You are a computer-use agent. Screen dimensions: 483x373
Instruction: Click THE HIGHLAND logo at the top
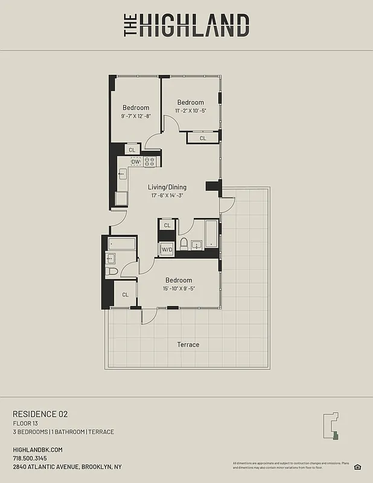pyautogui.click(x=186, y=26)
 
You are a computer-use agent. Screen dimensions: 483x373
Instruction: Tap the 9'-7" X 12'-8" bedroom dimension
pyautogui.click(x=136, y=116)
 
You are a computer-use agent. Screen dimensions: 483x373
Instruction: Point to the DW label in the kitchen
pyautogui.click(x=136, y=162)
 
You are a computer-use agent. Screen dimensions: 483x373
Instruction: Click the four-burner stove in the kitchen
pyautogui.click(x=150, y=162)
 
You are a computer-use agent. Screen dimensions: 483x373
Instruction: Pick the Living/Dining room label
pyautogui.click(x=167, y=187)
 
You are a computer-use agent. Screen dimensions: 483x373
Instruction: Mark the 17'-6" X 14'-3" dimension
pyautogui.click(x=167, y=196)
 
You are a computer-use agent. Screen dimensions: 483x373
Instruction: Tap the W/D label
pyautogui.click(x=167, y=249)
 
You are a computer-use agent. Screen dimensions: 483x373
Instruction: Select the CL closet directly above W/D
pyautogui.click(x=167, y=225)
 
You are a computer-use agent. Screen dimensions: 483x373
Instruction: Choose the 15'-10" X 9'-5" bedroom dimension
pyautogui.click(x=179, y=289)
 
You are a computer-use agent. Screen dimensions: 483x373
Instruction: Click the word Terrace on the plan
pyautogui.click(x=188, y=345)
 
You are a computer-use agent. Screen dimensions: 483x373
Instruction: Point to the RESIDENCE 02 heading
pyautogui.click(x=40, y=414)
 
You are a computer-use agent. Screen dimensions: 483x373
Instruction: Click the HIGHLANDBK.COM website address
pyautogui.click(x=37, y=450)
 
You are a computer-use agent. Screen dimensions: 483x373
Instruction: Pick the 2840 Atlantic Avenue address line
pyautogui.click(x=67, y=467)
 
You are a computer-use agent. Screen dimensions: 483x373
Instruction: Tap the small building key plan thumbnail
pyautogui.click(x=333, y=427)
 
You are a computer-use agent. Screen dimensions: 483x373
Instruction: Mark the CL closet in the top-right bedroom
pyautogui.click(x=203, y=138)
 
